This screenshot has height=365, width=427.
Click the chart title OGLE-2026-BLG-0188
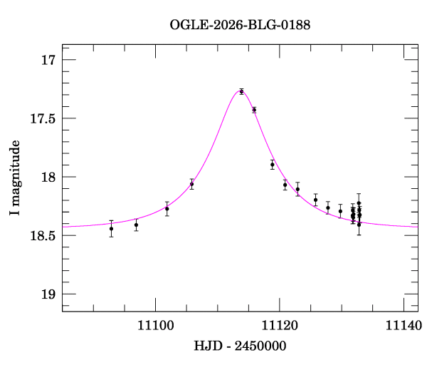tap(240, 26)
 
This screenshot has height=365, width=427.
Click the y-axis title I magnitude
tap(16, 178)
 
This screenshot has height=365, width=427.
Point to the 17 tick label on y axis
tap(48, 60)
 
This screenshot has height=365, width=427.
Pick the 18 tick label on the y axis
tap(48, 177)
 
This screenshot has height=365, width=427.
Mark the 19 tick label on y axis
tap(48, 294)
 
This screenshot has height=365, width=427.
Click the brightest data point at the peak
tap(241, 91)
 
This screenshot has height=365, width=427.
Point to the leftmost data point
tap(111, 229)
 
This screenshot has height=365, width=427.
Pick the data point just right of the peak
tap(254, 110)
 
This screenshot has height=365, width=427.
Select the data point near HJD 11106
tap(191, 184)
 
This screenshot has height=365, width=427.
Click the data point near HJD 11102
tap(167, 209)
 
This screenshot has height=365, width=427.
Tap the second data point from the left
tap(136, 225)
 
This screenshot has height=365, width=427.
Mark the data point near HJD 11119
tap(273, 165)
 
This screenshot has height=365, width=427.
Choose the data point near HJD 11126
tap(316, 200)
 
